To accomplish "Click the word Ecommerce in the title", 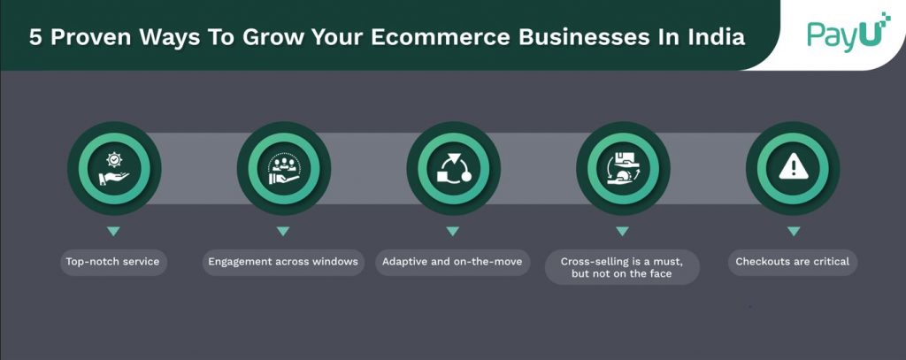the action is pos(441,37).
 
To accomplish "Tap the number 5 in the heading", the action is pos(35,37).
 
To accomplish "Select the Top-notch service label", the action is pos(112,262).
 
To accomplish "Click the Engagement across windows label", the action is pos(283,262).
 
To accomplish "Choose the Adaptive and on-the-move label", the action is pos(452,262).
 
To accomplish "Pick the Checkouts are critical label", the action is pos(793,262).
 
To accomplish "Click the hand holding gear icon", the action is pos(114,169).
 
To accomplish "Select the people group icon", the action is pos(284,169).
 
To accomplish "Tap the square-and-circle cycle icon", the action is pos(454,169).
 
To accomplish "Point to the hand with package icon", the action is pos(623,169).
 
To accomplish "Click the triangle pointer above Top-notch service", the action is pos(113,231).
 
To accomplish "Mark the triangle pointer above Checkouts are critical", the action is pos(794,231).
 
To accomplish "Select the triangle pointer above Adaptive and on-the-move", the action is pos(452,231).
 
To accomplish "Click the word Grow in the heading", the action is pos(273,37).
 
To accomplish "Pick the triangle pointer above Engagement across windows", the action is pos(282,231).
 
